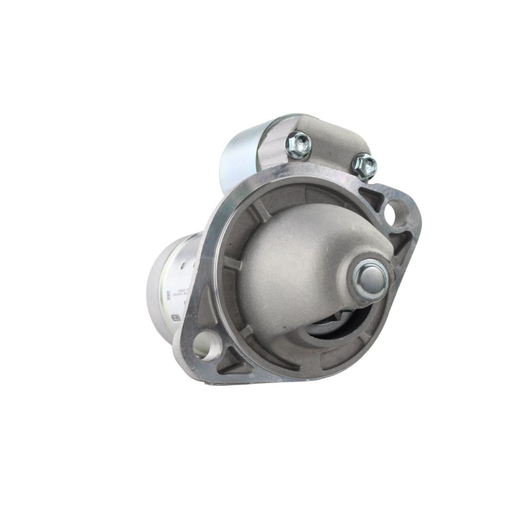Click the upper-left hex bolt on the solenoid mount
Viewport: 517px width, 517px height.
pos(299,144)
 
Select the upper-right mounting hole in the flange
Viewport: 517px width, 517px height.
pos(394,211)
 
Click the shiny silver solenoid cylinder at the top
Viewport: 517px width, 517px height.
pos(242,152)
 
